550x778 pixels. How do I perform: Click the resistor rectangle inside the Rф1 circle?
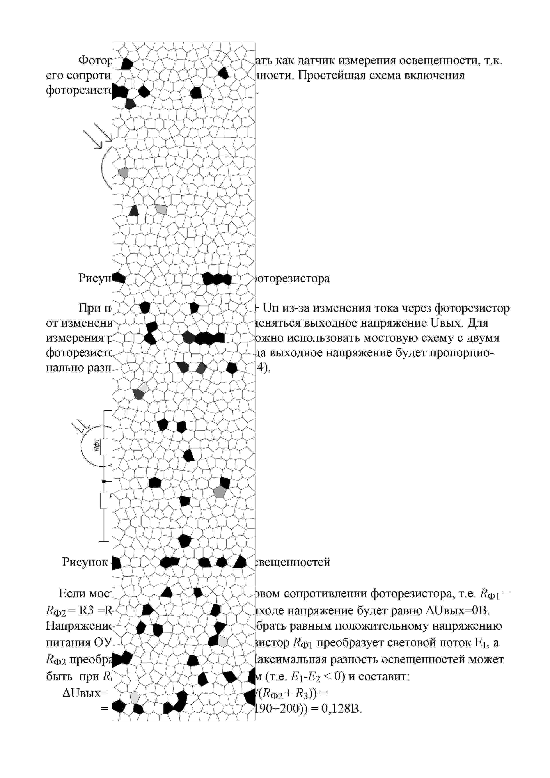(104, 447)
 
